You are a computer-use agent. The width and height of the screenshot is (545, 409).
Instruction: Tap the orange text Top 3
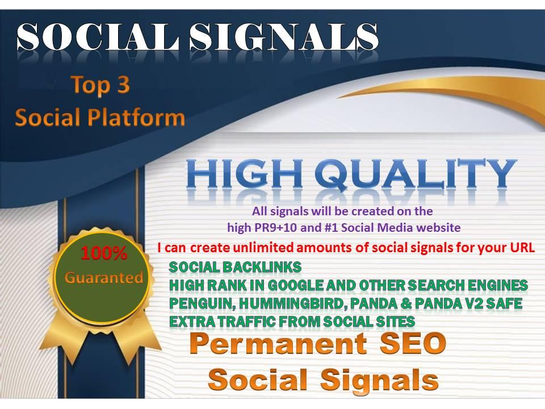coord(100,85)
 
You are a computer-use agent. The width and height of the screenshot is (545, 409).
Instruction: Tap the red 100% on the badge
coord(103,254)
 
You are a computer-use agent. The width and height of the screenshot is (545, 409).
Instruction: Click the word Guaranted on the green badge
coord(103,278)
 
